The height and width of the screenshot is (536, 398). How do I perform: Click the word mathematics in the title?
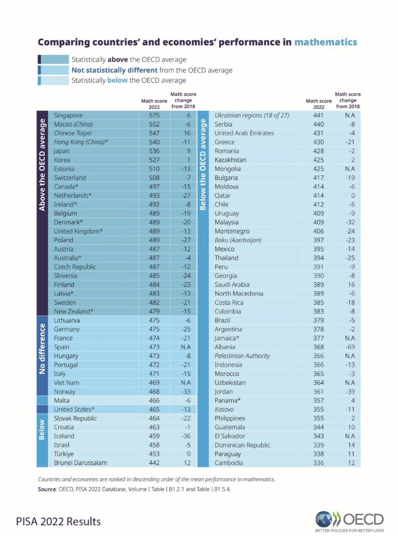[326, 42]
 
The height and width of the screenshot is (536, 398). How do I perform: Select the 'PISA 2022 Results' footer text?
[58, 521]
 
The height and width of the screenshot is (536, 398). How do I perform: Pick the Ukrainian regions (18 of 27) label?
[252, 115]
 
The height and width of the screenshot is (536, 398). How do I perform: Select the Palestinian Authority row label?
[243, 356]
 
